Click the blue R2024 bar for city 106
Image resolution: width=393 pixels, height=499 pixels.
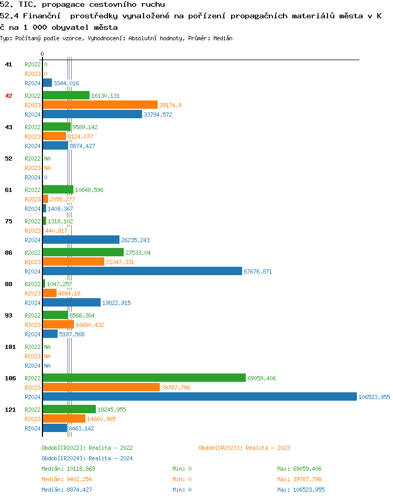(199, 397)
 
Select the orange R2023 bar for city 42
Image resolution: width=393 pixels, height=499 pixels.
(100, 105)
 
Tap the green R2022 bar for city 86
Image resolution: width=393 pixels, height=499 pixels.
(83, 253)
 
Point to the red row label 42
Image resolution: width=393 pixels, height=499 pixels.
(8, 96)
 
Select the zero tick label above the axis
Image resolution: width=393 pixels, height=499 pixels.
(42, 54)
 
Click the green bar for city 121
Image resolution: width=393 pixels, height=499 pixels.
(69, 410)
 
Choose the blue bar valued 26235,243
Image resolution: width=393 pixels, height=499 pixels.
(81, 240)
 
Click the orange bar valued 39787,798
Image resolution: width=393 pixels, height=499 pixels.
(101, 388)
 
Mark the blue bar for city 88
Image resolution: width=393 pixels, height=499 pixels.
(71, 303)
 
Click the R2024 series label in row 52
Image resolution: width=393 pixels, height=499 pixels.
(32, 177)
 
